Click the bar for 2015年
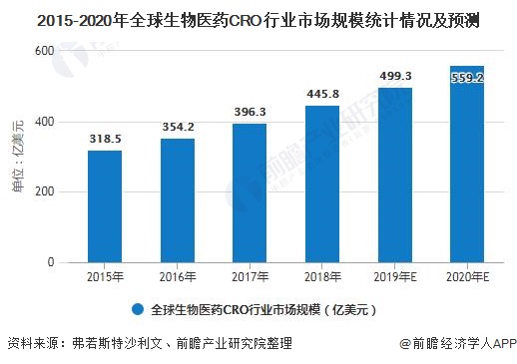point(104,206)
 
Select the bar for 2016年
point(177,200)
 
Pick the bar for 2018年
point(321,184)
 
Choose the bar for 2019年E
point(394,175)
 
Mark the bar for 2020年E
point(466,165)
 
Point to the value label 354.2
point(177,128)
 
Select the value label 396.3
point(250,113)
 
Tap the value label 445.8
point(321,96)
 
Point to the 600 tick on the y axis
point(46,51)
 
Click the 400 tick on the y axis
point(46,122)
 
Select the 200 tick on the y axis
point(46,191)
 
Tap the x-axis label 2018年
point(321,276)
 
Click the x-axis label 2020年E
point(466,276)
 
